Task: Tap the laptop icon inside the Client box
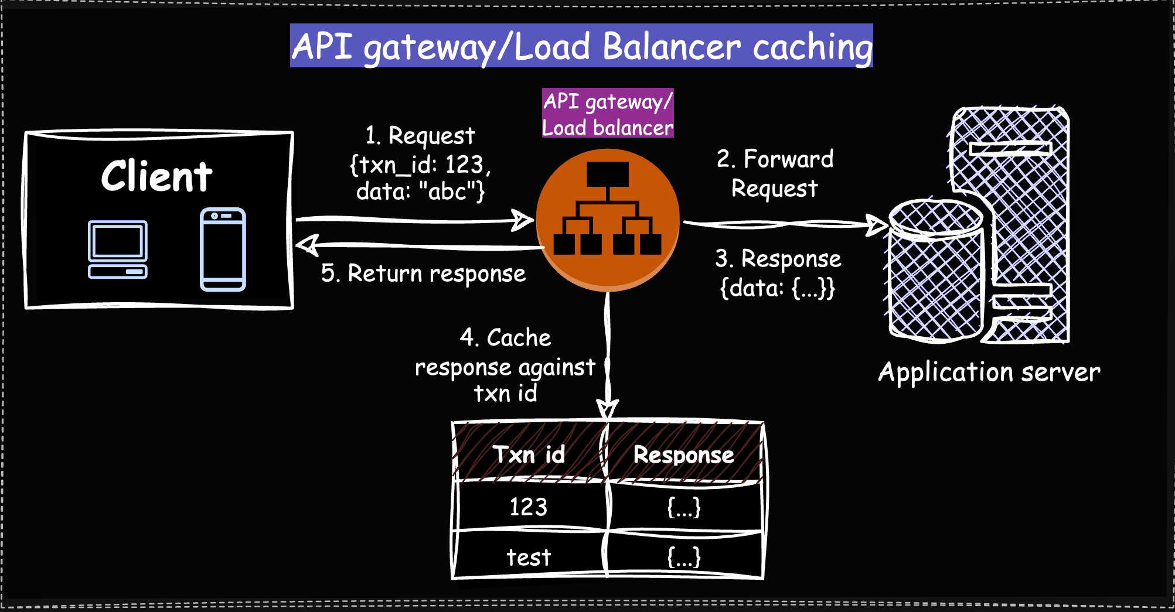[x=118, y=249]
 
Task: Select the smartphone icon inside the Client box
[x=223, y=249]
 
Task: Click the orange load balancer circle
[x=608, y=220]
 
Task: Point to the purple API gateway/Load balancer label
[x=608, y=114]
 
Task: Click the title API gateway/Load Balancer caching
[x=581, y=46]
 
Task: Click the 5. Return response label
[x=423, y=273]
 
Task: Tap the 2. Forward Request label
[x=775, y=173]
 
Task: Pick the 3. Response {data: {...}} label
[x=778, y=273]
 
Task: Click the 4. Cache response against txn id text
[x=505, y=366]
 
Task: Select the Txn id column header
[x=529, y=454]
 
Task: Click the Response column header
[x=683, y=454]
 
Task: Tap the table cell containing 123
[x=529, y=507]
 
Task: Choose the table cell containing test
[x=529, y=557]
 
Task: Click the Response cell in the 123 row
[x=684, y=507]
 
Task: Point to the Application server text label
[x=989, y=372]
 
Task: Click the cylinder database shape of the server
[x=935, y=272]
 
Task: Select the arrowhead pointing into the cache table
[x=608, y=409]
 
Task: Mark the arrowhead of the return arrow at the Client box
[x=307, y=245]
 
